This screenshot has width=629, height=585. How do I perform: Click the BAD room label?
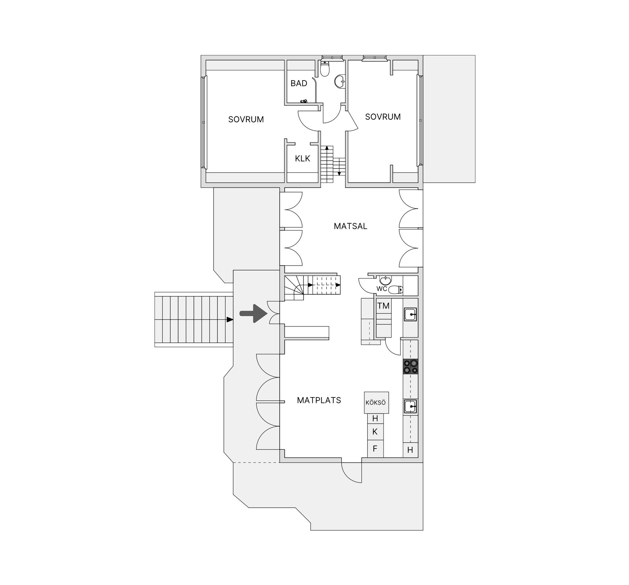coord(299,83)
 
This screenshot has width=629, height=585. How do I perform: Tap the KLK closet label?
coord(302,159)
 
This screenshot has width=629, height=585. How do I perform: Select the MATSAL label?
coord(351,226)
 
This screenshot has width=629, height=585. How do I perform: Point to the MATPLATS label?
coord(319,400)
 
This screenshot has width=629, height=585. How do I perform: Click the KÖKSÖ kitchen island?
coord(376,403)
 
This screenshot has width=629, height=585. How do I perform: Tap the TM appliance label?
coord(383,306)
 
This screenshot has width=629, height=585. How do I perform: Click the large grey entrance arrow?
coord(253,314)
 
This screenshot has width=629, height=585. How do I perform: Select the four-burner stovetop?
coord(410,366)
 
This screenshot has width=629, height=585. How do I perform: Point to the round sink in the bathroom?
coord(339,82)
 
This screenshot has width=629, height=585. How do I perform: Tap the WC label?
coord(382,289)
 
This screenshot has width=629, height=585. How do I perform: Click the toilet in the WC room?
coord(397,290)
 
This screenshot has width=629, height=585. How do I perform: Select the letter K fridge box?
coord(375,432)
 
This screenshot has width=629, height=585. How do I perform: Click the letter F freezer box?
coord(375,449)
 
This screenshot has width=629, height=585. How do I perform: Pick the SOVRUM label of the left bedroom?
coord(246,119)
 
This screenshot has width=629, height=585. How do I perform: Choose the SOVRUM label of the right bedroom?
coord(383,117)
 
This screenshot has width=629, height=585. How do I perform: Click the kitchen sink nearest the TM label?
coord(410,315)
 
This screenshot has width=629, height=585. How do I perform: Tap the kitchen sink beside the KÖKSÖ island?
coord(410,407)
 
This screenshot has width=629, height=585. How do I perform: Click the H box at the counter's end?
coord(410,450)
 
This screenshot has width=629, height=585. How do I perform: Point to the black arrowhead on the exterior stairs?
coord(230,319)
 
